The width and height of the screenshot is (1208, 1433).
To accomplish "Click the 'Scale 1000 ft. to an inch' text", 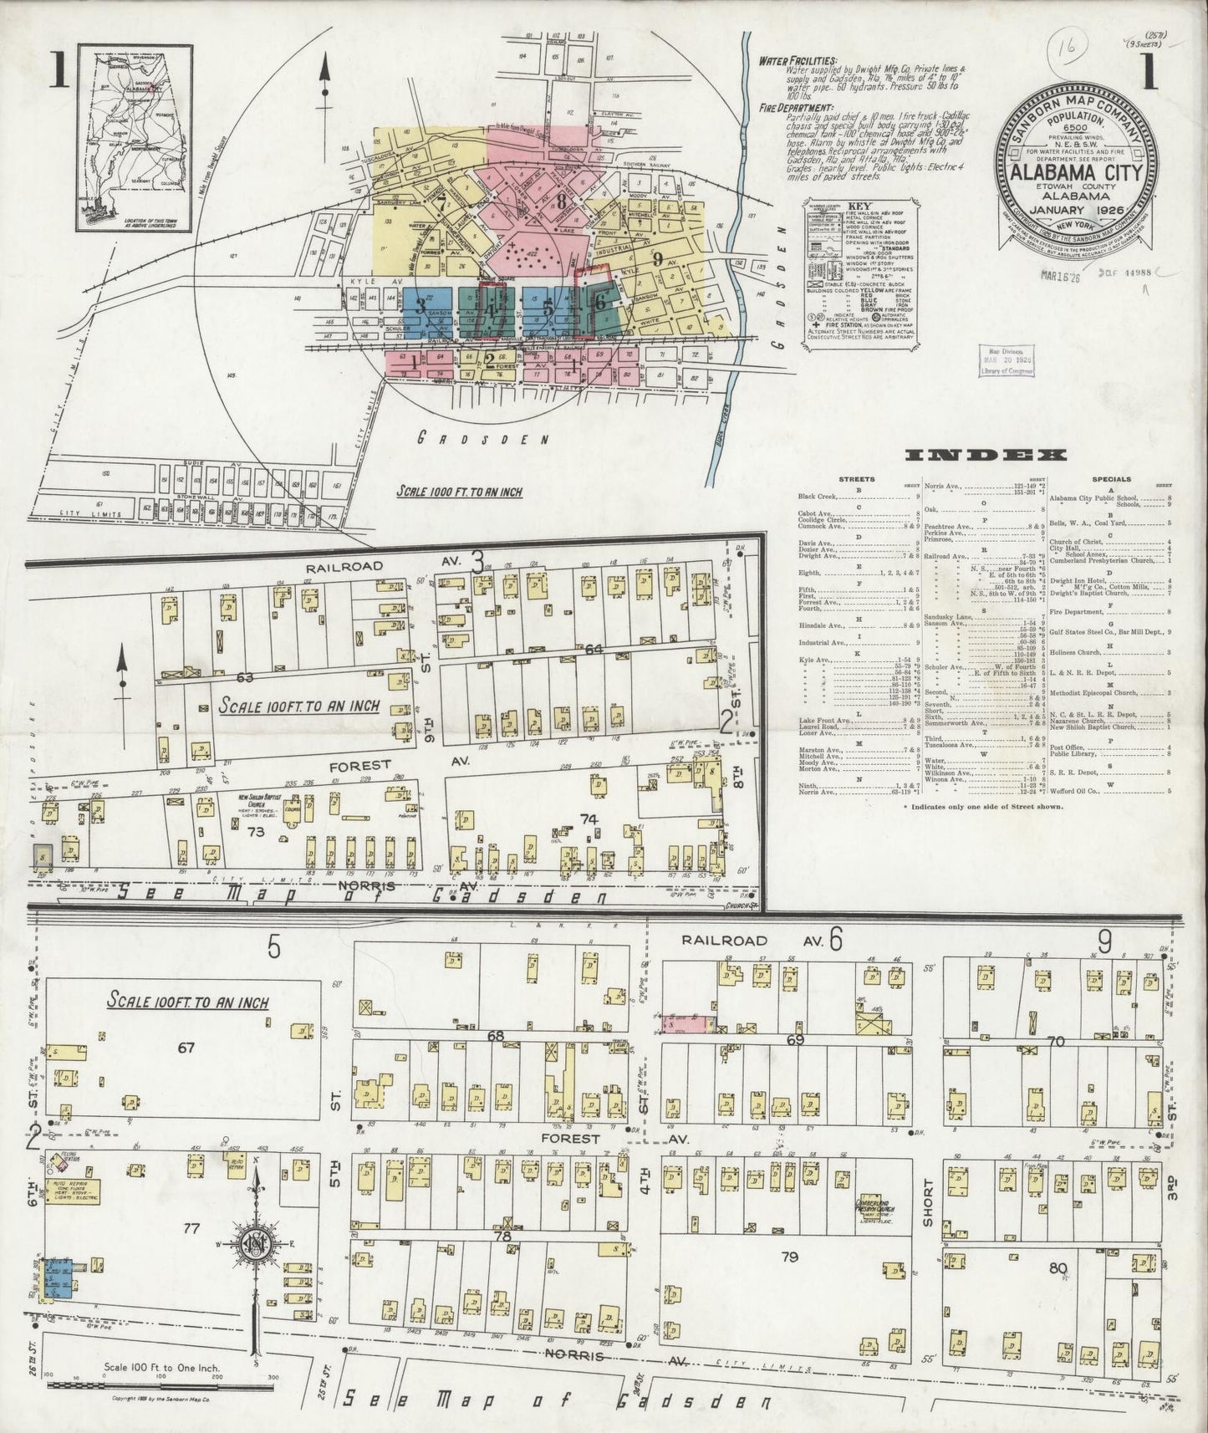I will click(459, 492).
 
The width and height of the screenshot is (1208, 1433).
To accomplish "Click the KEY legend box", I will click(859, 273).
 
